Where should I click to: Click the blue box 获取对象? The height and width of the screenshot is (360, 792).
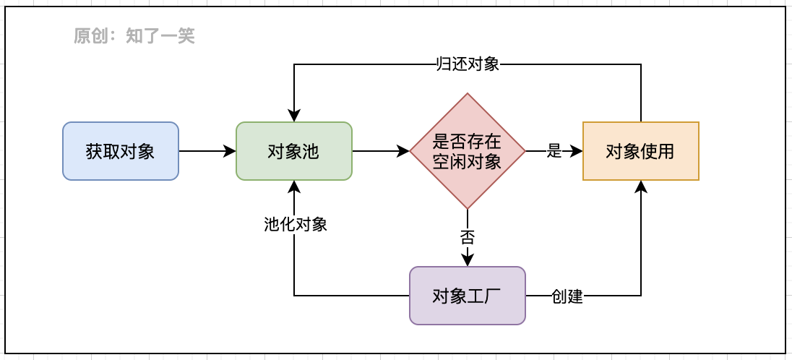click(x=120, y=151)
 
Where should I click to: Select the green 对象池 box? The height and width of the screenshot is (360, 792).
click(x=293, y=151)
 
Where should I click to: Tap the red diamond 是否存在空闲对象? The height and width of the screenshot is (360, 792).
click(x=467, y=151)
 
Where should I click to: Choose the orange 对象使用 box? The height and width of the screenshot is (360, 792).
click(x=640, y=151)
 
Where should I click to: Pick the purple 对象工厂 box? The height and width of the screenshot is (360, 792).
click(x=467, y=296)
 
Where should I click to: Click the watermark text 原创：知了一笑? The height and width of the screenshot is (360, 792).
click(x=134, y=35)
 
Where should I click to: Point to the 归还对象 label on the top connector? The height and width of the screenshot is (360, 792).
click(x=468, y=64)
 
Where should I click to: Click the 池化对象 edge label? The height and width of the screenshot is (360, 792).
click(x=295, y=224)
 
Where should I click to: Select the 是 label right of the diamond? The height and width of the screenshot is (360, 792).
click(x=554, y=151)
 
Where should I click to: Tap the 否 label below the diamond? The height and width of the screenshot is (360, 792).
click(x=467, y=236)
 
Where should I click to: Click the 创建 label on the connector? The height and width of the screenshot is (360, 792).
click(x=567, y=296)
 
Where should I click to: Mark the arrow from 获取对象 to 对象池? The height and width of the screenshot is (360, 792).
click(x=207, y=151)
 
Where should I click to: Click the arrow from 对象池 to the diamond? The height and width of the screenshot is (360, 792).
click(x=381, y=151)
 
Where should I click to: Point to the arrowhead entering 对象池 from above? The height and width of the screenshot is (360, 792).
click(x=294, y=116)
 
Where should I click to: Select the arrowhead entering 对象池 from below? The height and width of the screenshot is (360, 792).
click(x=294, y=187)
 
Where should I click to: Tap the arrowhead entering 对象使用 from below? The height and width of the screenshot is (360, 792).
click(x=641, y=187)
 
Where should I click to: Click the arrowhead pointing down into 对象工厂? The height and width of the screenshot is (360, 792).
click(x=468, y=260)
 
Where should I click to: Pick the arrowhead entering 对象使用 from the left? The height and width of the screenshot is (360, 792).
click(x=577, y=151)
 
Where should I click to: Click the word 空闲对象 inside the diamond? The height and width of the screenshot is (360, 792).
click(x=467, y=161)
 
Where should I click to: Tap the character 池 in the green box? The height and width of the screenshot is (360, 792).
click(x=311, y=152)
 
